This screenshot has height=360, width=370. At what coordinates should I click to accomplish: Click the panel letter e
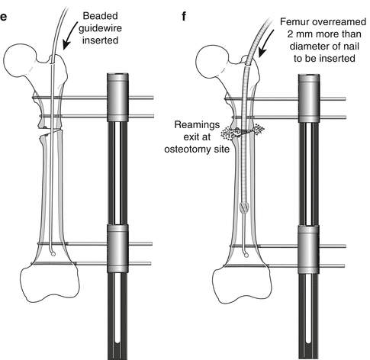[3, 17]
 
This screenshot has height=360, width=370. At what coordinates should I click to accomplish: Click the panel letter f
[184, 16]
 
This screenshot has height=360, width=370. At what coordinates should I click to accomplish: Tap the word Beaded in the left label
[100, 16]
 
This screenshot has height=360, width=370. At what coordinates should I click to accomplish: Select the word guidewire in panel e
[100, 28]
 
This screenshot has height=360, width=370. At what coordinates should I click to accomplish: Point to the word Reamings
[197, 125]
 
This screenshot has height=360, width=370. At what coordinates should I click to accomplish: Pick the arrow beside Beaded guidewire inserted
[69, 36]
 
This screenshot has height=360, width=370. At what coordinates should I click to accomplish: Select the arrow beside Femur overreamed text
[265, 43]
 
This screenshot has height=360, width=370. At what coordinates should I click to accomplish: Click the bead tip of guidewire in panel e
[53, 254]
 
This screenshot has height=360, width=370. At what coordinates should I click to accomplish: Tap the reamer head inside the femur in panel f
[243, 207]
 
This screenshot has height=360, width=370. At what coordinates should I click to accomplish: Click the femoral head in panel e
[20, 60]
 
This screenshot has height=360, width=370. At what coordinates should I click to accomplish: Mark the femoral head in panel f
[212, 60]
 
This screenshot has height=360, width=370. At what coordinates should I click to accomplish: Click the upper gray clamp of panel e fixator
[117, 98]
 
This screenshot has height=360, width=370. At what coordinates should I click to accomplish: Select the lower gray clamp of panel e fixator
[117, 249]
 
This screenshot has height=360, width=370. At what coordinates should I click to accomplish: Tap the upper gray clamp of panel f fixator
[309, 98]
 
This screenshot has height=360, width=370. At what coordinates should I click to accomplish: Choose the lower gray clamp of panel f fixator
[308, 249]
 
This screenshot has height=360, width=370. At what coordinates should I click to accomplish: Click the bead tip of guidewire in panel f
[246, 255]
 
